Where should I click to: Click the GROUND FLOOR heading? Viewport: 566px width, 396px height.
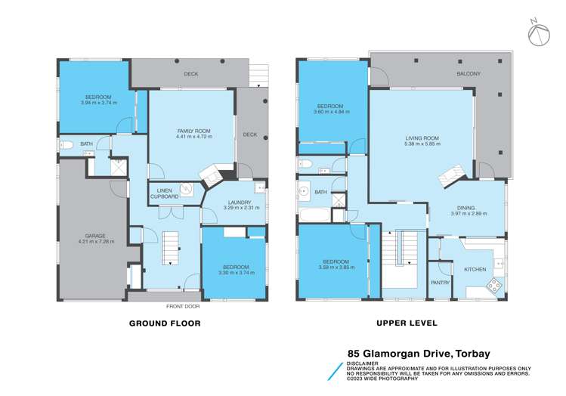click(x=164, y=323)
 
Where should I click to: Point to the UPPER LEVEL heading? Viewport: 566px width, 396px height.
click(x=407, y=323)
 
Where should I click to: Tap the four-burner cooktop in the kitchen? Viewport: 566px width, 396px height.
click(x=493, y=286)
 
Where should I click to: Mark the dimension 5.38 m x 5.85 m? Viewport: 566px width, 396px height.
click(x=422, y=144)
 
